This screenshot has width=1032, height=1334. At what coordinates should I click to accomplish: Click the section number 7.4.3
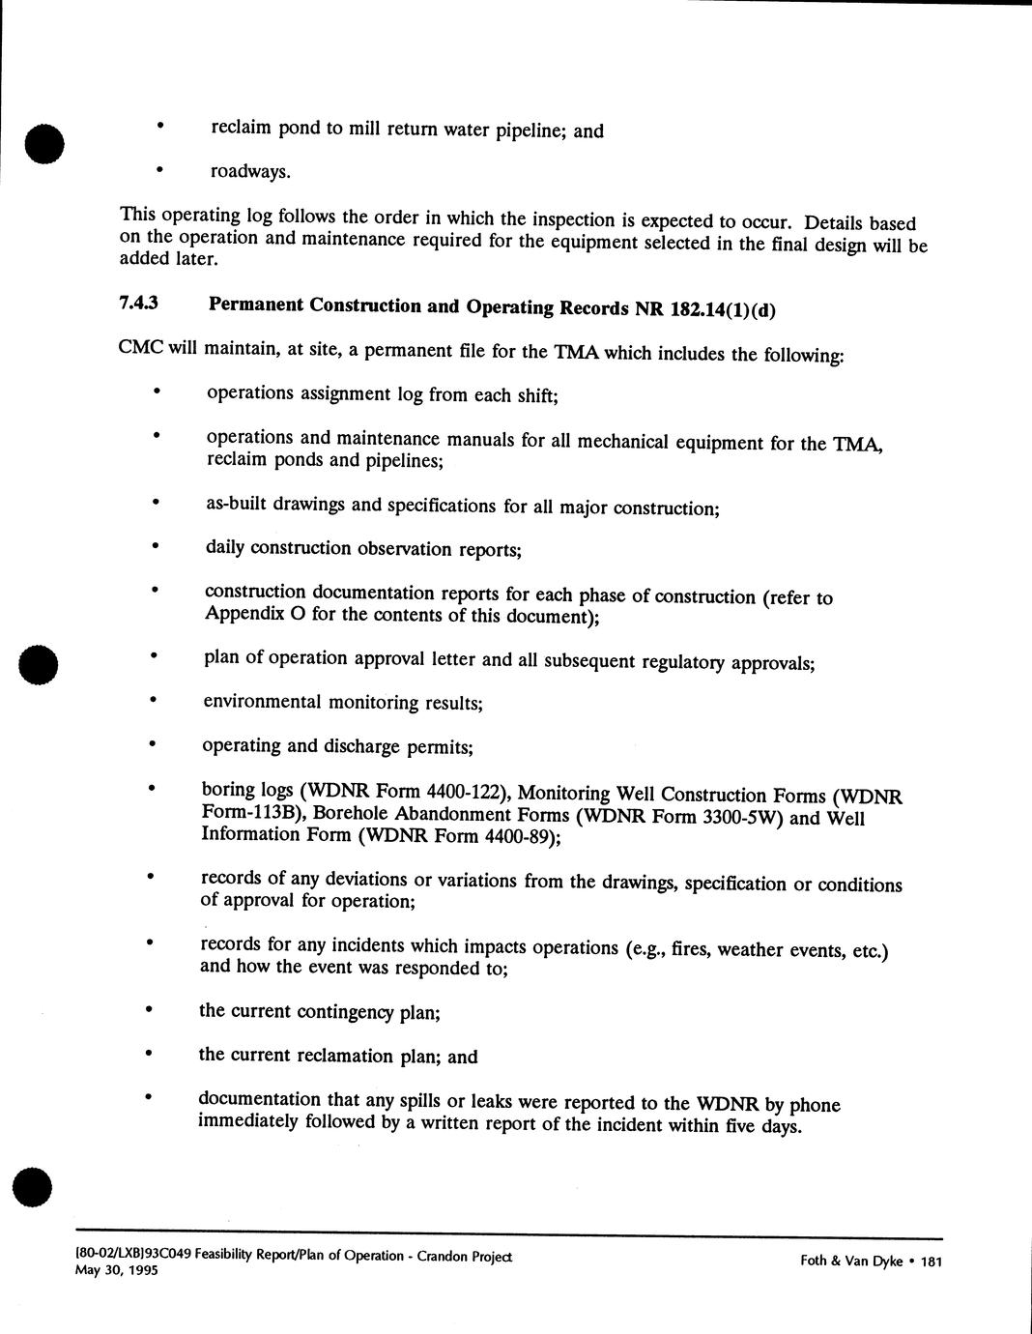pyautogui.click(x=138, y=303)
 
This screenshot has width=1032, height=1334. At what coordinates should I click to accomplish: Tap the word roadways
pyautogui.click(x=249, y=172)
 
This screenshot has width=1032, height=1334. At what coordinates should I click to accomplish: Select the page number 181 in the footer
pyautogui.click(x=932, y=1261)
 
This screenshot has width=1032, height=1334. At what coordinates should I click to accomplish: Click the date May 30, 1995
pyautogui.click(x=116, y=1270)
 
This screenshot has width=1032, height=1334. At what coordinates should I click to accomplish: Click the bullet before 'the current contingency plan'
pyautogui.click(x=148, y=1009)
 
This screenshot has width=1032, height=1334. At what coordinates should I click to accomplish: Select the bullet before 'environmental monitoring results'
pyautogui.click(x=152, y=700)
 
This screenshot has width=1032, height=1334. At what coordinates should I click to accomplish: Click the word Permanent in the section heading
pyautogui.click(x=253, y=304)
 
